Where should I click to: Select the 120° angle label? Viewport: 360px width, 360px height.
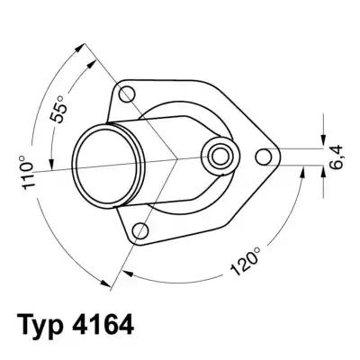[246, 261]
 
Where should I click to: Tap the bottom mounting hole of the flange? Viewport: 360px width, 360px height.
[139, 233]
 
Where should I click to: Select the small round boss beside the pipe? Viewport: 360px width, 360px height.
[218, 154]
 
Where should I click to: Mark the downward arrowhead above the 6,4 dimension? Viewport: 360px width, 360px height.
[322, 139]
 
